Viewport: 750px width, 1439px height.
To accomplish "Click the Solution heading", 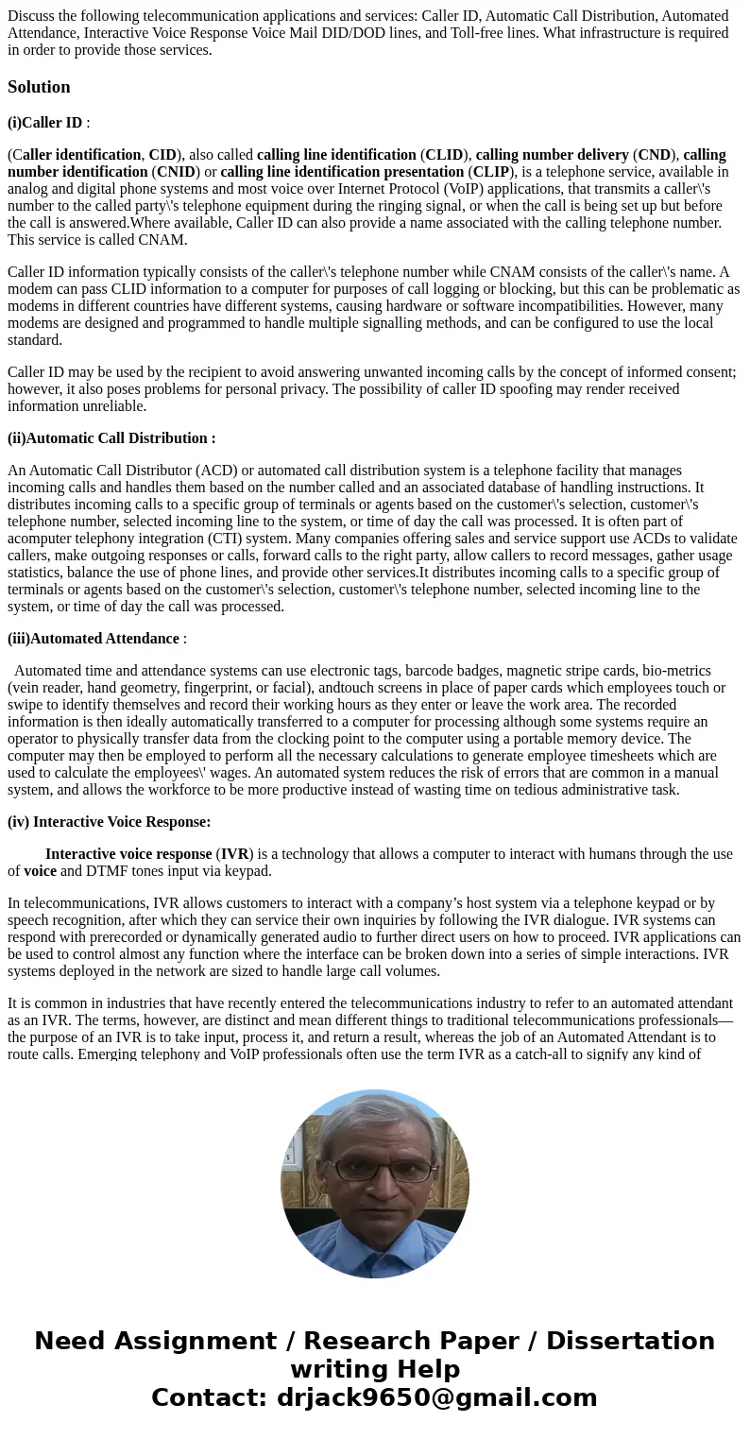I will click(39, 87).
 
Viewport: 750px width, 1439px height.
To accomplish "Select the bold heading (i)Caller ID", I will click(45, 123).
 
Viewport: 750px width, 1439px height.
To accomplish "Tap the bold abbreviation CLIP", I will click(490, 172).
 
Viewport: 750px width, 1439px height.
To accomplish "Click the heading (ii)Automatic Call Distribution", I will click(111, 438).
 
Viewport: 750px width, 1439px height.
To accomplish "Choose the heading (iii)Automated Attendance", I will click(94, 639).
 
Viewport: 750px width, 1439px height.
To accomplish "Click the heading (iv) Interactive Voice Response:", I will click(110, 822).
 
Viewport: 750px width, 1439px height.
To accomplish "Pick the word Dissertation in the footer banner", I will click(630, 1342).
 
